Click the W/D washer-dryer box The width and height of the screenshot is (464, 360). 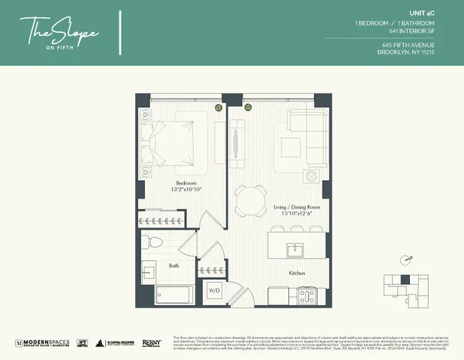[x=213, y=290]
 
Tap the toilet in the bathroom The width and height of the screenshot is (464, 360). [x=153, y=242]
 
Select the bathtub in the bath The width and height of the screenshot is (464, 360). [x=175, y=294]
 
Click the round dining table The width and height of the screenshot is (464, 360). [x=250, y=200]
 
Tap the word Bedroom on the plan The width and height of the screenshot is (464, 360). [x=185, y=182]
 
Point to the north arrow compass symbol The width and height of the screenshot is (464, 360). [x=406, y=260]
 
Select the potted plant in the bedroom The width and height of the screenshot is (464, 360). [x=218, y=106]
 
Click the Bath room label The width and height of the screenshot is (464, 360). [x=173, y=265]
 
